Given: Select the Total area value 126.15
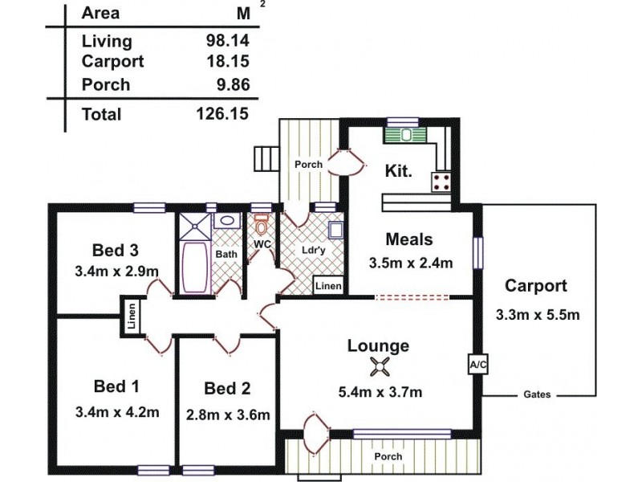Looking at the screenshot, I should click(x=222, y=114).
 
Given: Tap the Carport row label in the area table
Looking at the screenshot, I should click(x=113, y=61).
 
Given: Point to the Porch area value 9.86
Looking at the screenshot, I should click(x=230, y=84).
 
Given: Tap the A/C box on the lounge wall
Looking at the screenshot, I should click(x=477, y=364).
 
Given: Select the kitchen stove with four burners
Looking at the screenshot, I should click(x=441, y=181).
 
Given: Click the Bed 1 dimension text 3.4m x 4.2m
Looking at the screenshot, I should click(x=115, y=413).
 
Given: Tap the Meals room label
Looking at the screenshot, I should click(x=408, y=239).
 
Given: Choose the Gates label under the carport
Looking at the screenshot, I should click(x=537, y=395).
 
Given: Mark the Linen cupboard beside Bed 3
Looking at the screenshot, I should click(x=130, y=315).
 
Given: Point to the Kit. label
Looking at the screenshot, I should click(x=399, y=170).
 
